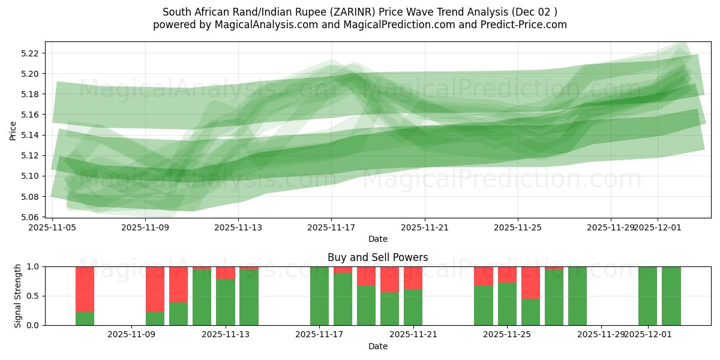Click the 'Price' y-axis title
[x=13, y=130]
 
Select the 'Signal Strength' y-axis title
[x=17, y=296]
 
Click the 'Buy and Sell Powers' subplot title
[x=377, y=257]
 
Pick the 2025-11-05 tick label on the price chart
[x=53, y=228]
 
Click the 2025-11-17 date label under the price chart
[x=331, y=228]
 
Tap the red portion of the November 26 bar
[x=530, y=283]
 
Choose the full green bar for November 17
[x=319, y=296]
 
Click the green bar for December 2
[x=671, y=296]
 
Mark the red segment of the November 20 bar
[x=389, y=279]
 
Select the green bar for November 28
[x=577, y=296]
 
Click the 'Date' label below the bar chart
[x=377, y=346]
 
